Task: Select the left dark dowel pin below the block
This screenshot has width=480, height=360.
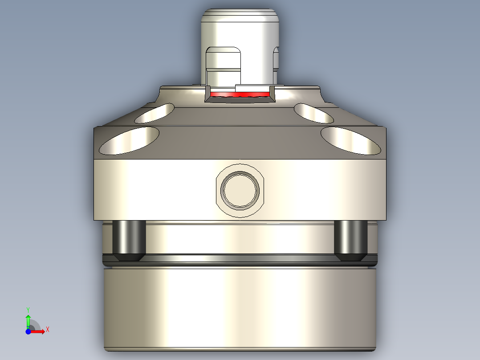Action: click(x=130, y=237)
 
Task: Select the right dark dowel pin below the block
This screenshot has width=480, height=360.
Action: click(x=350, y=237)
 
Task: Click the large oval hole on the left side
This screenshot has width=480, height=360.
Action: click(x=130, y=140)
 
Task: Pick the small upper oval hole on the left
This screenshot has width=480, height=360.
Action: click(x=155, y=114)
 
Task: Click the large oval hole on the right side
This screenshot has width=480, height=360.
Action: click(x=351, y=140)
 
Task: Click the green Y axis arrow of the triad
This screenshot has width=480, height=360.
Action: click(x=28, y=319)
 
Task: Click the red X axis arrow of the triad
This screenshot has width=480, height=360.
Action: click(x=39, y=331)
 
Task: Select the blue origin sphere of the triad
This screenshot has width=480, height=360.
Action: click(x=28, y=331)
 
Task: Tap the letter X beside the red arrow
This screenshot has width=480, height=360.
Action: click(x=47, y=329)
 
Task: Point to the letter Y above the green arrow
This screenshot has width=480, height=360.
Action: click(x=28, y=309)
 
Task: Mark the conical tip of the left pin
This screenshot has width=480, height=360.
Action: click(x=130, y=258)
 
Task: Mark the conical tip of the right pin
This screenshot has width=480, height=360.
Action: click(x=350, y=258)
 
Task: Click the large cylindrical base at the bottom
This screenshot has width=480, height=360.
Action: click(x=240, y=307)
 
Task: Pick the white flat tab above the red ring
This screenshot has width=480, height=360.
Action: click(x=253, y=88)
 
